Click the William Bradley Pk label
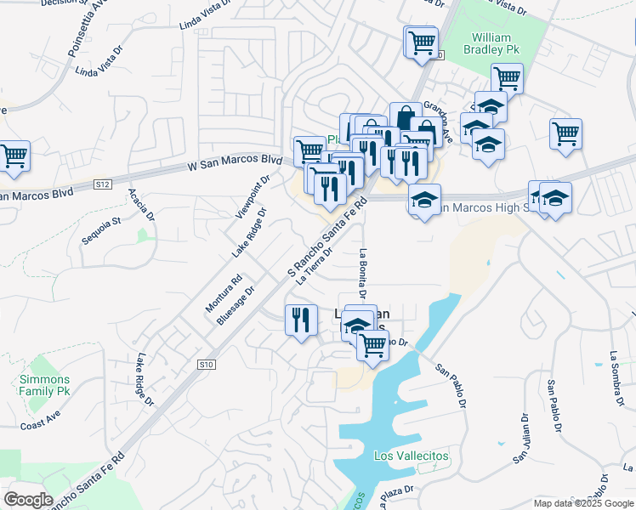click(492, 44)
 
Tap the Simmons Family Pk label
click(45, 385)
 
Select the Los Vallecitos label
click(412, 456)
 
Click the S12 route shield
click(103, 184)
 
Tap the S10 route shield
click(205, 364)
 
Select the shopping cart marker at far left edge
click(14, 156)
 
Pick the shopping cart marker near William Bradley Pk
click(507, 78)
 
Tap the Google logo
click(28, 500)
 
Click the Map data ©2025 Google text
click(584, 503)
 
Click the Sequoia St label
click(103, 230)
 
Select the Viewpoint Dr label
click(253, 195)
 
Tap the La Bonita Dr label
click(362, 275)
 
